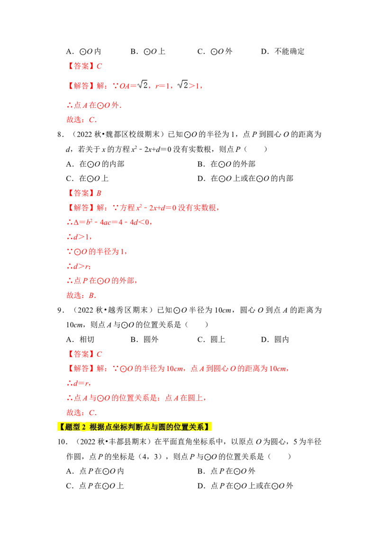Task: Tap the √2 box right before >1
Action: click(x=181, y=85)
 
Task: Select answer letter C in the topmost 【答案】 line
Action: click(x=99, y=66)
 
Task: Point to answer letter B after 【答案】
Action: click(x=99, y=193)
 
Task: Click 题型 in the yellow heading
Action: click(x=72, y=427)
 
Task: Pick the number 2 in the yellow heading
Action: click(x=83, y=427)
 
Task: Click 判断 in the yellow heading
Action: click(x=135, y=427)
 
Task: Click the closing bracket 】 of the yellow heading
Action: click(x=207, y=427)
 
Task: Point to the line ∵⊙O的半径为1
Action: click(x=97, y=252)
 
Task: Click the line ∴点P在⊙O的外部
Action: click(x=101, y=281)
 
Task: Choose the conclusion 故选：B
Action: click(x=81, y=296)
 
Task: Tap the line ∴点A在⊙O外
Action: click(x=93, y=105)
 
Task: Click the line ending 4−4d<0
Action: click(x=109, y=222)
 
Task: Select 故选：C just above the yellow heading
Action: click(x=81, y=411)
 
